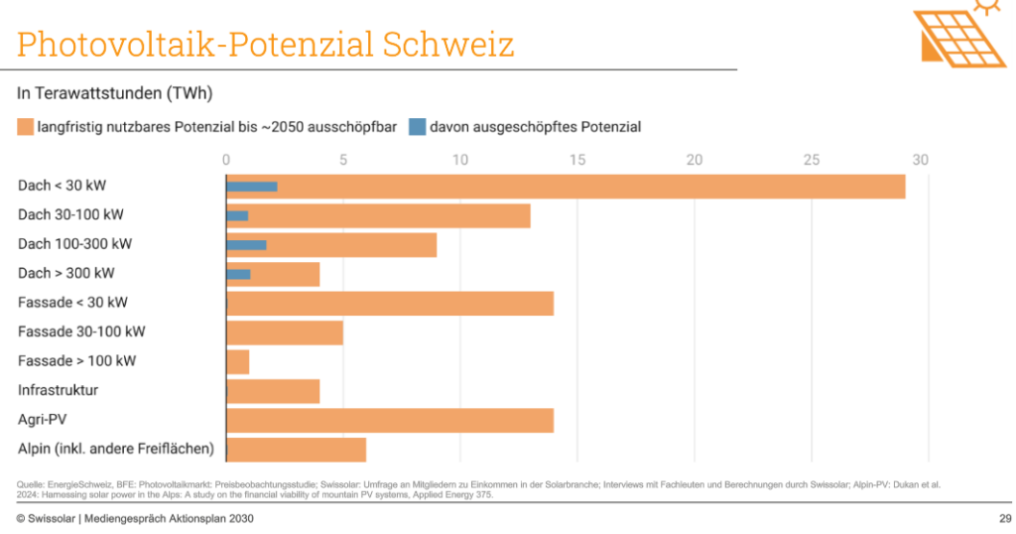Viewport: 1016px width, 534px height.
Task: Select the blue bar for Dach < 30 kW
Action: (x=252, y=187)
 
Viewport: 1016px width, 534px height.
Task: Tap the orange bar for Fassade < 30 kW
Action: (x=390, y=303)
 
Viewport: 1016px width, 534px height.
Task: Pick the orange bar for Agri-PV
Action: (x=390, y=420)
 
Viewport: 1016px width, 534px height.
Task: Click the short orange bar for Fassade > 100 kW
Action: (x=238, y=361)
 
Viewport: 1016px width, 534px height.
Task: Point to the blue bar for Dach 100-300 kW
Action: (x=247, y=244)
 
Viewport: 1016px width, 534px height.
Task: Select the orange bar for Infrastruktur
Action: (x=273, y=391)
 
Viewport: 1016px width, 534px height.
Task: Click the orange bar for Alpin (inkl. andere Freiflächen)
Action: (x=297, y=450)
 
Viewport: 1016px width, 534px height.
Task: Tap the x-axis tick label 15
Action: (x=577, y=160)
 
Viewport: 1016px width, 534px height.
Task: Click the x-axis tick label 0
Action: (x=226, y=160)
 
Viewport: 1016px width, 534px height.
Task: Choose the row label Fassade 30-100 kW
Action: (x=81, y=332)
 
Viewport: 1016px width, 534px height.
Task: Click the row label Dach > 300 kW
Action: (x=66, y=273)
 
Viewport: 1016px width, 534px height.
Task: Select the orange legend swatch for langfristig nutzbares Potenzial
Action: (x=26, y=127)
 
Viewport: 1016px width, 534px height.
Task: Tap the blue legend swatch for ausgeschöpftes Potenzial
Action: (x=418, y=127)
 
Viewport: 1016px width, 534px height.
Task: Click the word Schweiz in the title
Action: (x=447, y=45)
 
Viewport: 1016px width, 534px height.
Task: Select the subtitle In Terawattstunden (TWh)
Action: (x=115, y=93)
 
